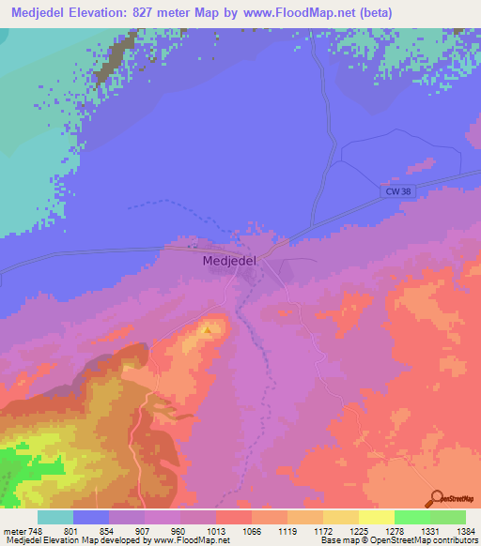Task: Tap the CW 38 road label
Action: (x=398, y=190)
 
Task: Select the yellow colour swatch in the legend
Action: (x=376, y=517)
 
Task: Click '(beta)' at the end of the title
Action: (x=371, y=12)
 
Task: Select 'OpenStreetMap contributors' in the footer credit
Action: (x=430, y=540)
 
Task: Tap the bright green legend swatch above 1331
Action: (x=411, y=517)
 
